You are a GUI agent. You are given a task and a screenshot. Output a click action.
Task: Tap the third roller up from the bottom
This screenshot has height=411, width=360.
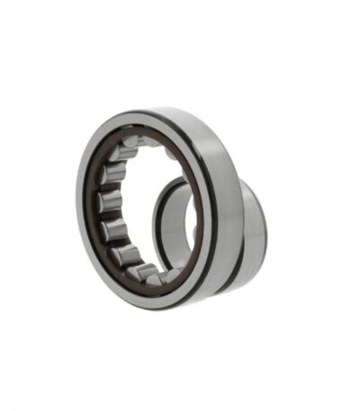pos(115,231)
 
